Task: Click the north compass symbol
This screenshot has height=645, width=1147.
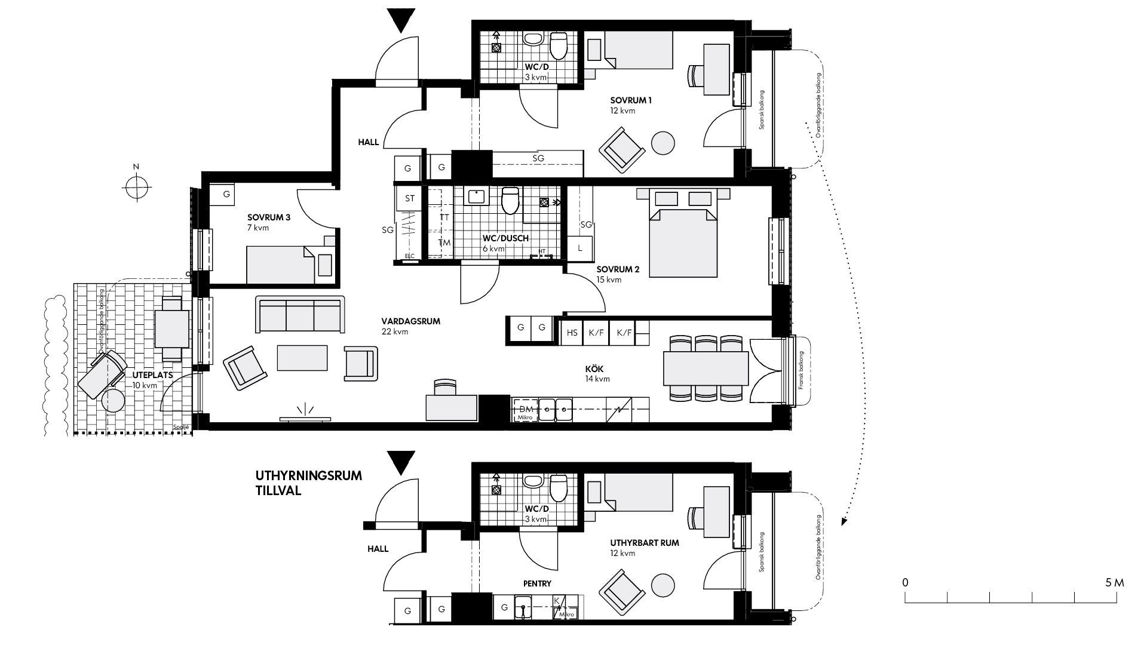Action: click(x=136, y=186)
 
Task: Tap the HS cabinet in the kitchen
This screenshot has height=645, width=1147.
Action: click(x=572, y=333)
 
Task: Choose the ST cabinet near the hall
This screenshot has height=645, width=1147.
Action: click(x=410, y=198)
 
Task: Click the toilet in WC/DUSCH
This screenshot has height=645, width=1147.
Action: click(x=510, y=201)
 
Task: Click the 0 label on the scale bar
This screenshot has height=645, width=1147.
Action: click(x=906, y=582)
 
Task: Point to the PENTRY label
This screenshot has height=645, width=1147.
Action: click(x=537, y=583)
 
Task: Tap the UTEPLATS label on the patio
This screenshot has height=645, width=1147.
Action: click(x=154, y=375)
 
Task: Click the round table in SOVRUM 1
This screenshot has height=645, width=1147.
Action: click(x=663, y=143)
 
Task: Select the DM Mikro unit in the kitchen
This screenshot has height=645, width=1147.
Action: click(x=525, y=410)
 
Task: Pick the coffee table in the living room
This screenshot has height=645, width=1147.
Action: click(x=302, y=358)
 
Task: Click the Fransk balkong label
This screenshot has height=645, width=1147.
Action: click(x=801, y=371)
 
